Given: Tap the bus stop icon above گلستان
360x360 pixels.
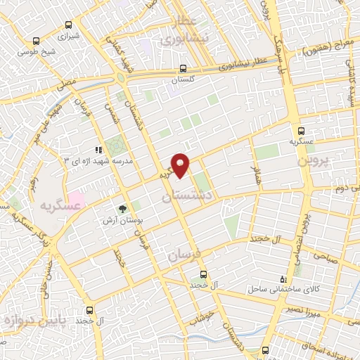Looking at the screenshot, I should click(x=183, y=69).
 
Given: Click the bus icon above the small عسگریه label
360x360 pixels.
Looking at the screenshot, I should click(x=302, y=131).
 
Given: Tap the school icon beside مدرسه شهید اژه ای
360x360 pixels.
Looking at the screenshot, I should click(x=98, y=149).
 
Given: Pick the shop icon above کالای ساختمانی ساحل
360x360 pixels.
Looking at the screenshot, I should click(x=283, y=278).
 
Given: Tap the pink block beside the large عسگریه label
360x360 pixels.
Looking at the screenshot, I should click(x=76, y=200).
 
